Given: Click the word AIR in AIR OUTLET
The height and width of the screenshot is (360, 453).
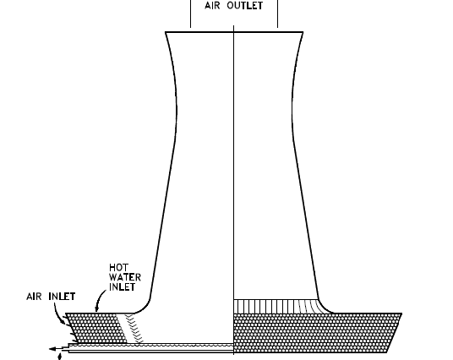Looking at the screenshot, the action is [x=212, y=5].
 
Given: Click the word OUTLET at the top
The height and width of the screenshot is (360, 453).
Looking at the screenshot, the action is [x=245, y=5].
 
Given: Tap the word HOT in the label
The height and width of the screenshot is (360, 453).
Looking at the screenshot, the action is [x=118, y=267].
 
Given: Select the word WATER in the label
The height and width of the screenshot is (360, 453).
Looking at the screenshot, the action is [x=125, y=277].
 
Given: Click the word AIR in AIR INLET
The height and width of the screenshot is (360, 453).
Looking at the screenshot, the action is [x=34, y=297].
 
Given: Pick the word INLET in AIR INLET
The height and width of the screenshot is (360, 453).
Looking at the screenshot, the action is [x=62, y=297].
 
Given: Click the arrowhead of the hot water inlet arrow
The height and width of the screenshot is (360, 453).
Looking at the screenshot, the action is [x=96, y=309].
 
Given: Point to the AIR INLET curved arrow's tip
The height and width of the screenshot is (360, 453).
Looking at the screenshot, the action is [x=65, y=322].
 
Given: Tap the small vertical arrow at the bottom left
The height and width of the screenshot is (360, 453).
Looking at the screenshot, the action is [x=60, y=357].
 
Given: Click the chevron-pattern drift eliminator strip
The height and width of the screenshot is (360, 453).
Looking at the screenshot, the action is [x=132, y=329].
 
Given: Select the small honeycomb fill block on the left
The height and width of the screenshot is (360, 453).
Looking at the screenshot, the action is [x=96, y=328].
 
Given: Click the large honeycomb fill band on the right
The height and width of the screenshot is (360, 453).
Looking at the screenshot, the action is [x=317, y=333].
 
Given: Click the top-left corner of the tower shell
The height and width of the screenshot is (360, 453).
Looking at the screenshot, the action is [x=166, y=32].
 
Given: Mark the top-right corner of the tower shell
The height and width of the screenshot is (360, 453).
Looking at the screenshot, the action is [x=303, y=32].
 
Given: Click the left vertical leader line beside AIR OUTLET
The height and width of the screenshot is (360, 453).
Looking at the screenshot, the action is [x=190, y=14].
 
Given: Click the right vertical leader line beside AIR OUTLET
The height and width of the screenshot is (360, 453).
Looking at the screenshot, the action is [x=278, y=14].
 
